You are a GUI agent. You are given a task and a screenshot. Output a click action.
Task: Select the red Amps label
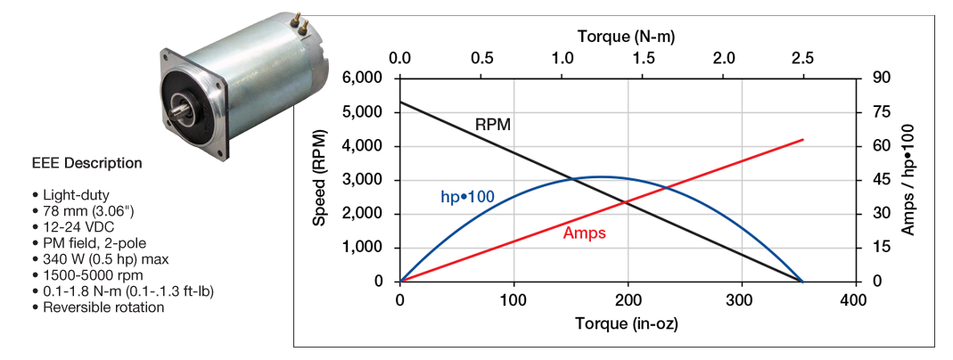584,233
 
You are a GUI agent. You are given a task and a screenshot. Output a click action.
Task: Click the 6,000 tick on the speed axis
365,78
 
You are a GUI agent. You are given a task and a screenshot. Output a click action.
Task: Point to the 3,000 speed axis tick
365,180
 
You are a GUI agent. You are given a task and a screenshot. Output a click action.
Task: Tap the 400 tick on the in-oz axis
853,300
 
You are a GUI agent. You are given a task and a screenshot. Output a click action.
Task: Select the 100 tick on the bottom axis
513,300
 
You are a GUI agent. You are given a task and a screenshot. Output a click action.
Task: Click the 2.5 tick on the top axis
803,59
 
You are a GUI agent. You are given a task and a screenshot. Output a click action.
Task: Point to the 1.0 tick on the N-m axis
563,59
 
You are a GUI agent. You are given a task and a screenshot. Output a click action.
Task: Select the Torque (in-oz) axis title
626,322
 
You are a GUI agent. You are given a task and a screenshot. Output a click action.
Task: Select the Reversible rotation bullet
98,307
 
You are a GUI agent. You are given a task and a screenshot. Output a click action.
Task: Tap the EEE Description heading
86,164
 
